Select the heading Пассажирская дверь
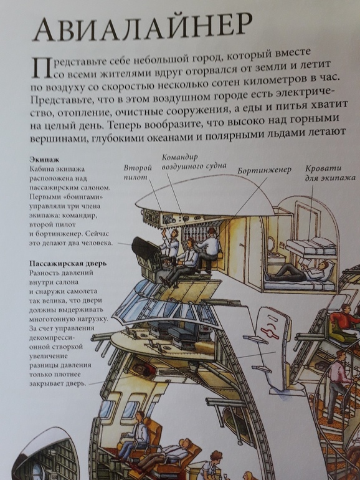(68, 263)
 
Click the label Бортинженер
(264, 170)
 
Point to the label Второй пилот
(138, 172)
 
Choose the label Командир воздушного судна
(194, 161)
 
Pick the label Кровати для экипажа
(330, 173)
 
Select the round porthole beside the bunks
(271, 243)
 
